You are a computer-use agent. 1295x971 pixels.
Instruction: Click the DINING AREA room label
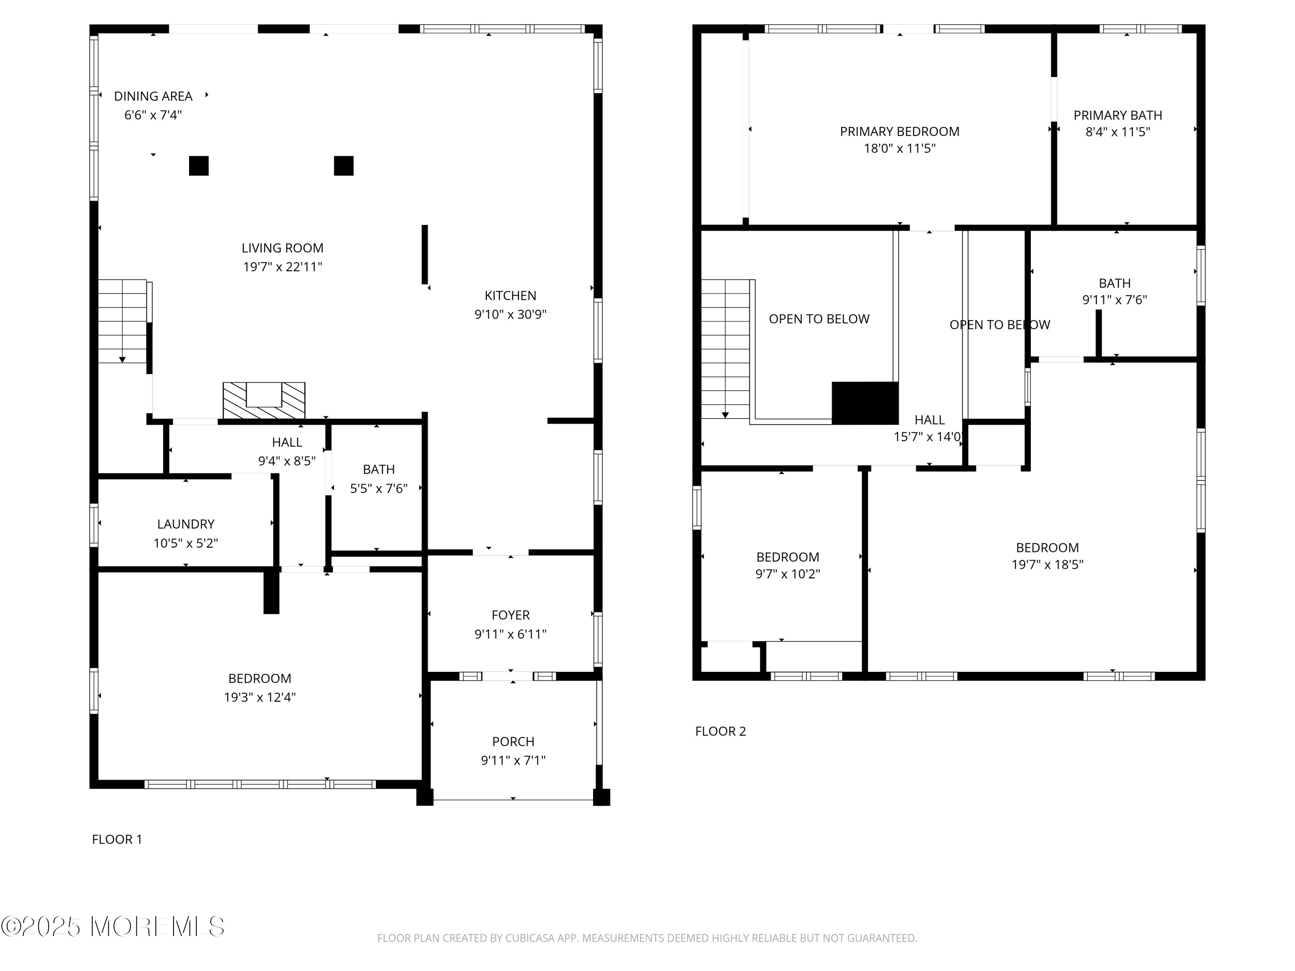pos(153,96)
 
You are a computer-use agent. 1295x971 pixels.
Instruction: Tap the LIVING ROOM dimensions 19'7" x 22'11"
pos(283,267)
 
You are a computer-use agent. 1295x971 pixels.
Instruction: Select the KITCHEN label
pos(511,296)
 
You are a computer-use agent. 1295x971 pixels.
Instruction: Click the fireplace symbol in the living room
pos(264,400)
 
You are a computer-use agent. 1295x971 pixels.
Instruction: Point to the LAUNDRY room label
pos(186,524)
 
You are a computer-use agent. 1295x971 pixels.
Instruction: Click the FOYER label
pos(511,615)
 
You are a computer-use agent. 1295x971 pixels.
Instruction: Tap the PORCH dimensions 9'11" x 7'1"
pos(513,760)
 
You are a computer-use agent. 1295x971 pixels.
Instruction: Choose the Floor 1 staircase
pos(122,322)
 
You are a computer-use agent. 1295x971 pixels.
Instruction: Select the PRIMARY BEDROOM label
pos(900,132)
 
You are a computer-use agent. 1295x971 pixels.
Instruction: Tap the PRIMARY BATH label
pos(1118,115)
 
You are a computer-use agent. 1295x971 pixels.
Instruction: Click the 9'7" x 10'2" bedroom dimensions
pos(787,574)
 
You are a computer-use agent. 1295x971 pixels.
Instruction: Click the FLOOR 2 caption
pos(721,731)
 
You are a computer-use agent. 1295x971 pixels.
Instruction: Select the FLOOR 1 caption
pos(117,839)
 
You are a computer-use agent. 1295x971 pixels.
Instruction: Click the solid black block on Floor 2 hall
pos(865,403)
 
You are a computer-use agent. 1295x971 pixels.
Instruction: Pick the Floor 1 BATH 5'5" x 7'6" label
pos(379,479)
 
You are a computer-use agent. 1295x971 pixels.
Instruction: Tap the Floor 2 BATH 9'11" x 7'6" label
pos(1115,291)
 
